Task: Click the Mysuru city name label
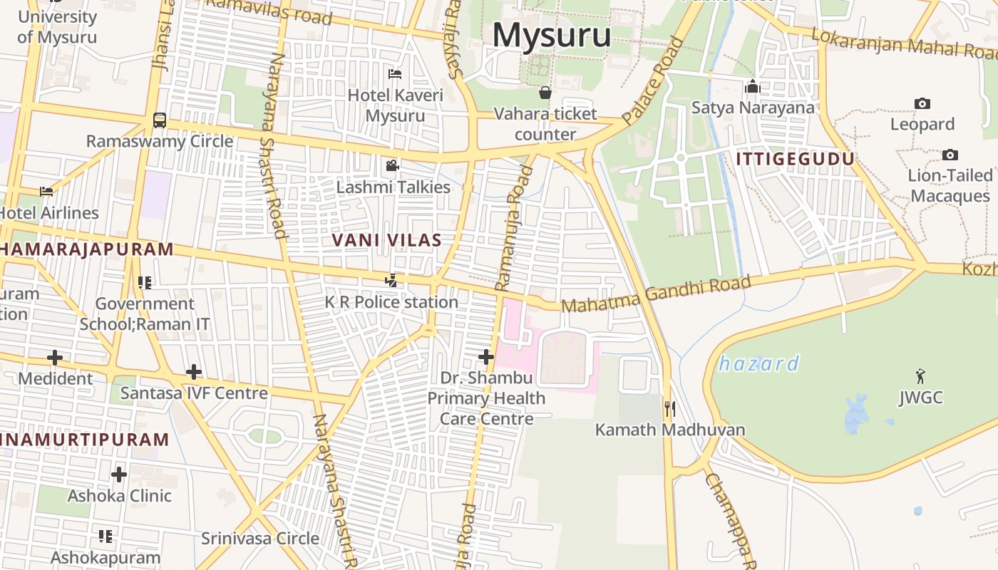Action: coord(551,35)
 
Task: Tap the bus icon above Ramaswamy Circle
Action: coord(160,120)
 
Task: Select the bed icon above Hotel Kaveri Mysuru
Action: coord(394,74)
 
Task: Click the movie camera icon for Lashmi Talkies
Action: coord(392,166)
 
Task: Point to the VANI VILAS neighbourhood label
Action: coord(386,241)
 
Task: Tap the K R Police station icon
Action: coord(391,281)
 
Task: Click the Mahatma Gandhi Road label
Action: coord(656,295)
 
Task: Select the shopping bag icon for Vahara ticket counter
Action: coord(545,93)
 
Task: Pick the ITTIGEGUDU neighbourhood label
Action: coord(795,159)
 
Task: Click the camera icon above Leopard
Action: coord(922,104)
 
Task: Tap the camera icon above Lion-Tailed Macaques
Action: coord(950,155)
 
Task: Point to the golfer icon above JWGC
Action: coord(920,375)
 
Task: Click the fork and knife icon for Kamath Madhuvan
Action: coord(669,409)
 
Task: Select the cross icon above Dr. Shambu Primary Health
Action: coord(486,356)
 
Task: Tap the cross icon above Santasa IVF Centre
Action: coord(193,372)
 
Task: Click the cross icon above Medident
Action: coord(55,357)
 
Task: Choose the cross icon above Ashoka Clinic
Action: coord(119,474)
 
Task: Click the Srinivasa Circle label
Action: coord(259,539)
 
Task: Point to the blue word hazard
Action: coord(758,364)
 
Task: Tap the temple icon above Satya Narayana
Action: coord(752,87)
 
